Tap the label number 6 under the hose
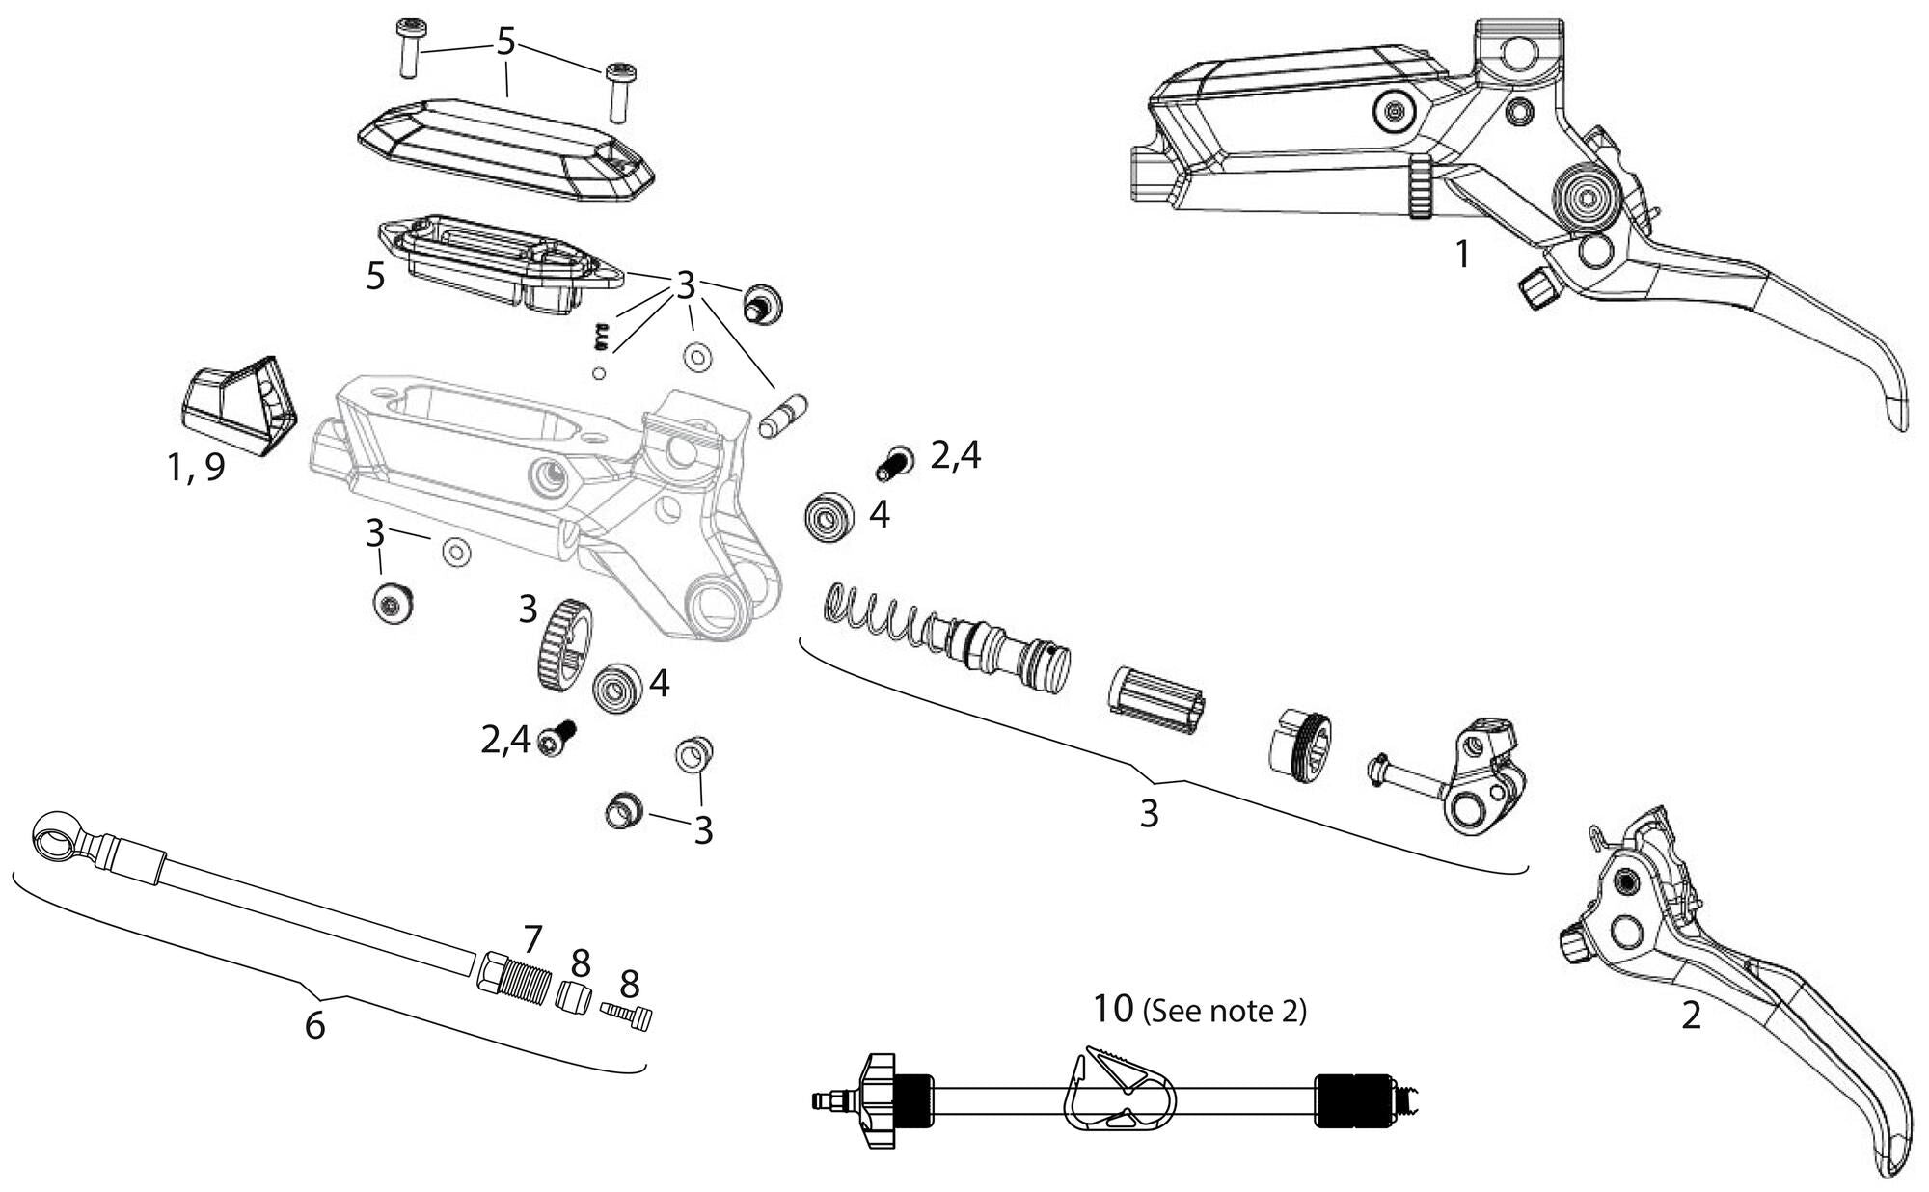pyautogui.click(x=314, y=1025)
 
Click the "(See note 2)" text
pyautogui.click(x=1224, y=1012)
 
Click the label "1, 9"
pyautogui.click(x=196, y=468)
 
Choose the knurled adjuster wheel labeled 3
pyautogui.click(x=561, y=642)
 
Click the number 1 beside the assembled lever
pyautogui.click(x=1462, y=256)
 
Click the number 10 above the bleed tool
pyautogui.click(x=1114, y=1010)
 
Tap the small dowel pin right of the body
pyautogui.click(x=783, y=415)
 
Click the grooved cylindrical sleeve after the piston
pyautogui.click(x=1157, y=700)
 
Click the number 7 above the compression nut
pyautogui.click(x=532, y=937)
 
